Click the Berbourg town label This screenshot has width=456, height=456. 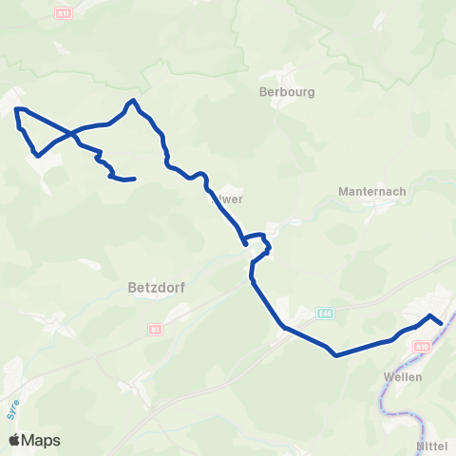pyautogui.click(x=286, y=93)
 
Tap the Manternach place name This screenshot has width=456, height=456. pyautogui.click(x=372, y=191)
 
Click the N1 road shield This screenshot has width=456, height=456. pyautogui.click(x=156, y=329)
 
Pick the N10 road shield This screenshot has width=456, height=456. pyautogui.click(x=421, y=348)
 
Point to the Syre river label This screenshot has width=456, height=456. pyautogui.click(x=14, y=409)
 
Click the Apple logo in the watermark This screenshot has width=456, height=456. pyautogui.click(x=15, y=440)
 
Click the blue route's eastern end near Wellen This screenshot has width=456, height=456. pyautogui.click(x=442, y=324)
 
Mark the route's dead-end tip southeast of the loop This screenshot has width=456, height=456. pyautogui.click(x=135, y=179)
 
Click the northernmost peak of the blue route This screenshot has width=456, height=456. pyautogui.click(x=134, y=100)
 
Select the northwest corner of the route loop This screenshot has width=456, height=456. pyautogui.click(x=17, y=110)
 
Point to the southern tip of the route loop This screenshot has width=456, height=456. pyautogui.click(x=36, y=154)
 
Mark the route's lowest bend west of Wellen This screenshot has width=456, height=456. pyautogui.click(x=336, y=356)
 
